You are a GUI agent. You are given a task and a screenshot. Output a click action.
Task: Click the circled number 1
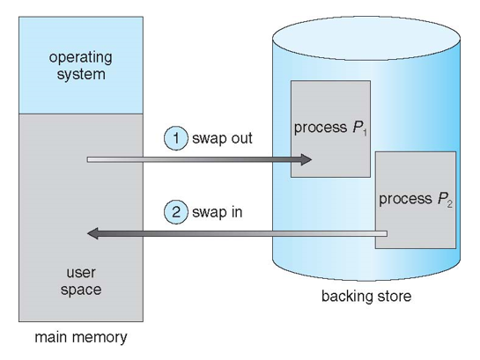176,138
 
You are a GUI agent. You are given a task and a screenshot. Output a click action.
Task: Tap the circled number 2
176,212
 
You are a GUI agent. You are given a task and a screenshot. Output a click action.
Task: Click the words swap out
222,138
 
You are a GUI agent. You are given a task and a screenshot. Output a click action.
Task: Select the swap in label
217,212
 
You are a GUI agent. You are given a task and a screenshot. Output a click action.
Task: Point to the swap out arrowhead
306,159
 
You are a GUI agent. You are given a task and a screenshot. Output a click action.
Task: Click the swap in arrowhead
92,233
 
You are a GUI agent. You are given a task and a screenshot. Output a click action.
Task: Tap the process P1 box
330,129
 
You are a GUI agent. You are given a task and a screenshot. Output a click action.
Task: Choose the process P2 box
416,200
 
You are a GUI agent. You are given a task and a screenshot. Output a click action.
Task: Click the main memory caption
81,337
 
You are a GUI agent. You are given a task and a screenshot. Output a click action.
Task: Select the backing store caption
366,296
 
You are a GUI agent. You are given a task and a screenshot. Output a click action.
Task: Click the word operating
80,58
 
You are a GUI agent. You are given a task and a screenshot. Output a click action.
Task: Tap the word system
81,75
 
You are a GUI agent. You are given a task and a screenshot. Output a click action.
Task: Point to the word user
81,273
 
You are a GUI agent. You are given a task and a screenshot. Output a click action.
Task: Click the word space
81,290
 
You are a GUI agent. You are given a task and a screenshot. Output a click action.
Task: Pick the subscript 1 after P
365,132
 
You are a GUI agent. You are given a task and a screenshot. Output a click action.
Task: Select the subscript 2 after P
449,204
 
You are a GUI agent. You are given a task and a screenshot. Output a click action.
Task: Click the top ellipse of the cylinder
366,38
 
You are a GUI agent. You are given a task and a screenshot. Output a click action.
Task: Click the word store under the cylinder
395,296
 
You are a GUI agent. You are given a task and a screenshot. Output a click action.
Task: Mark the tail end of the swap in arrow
387,233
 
